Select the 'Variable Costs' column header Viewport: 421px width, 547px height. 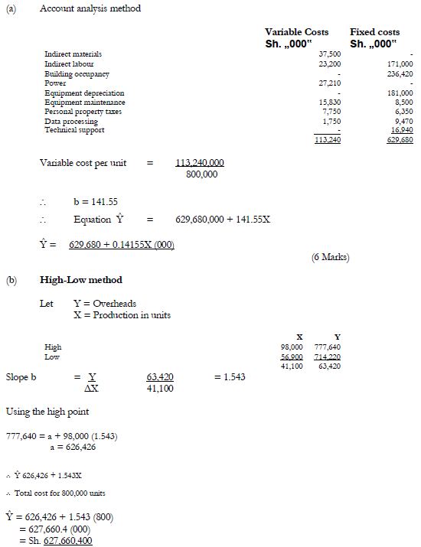point(296,32)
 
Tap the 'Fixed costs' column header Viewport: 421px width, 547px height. point(374,32)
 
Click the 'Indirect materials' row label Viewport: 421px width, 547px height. point(73,54)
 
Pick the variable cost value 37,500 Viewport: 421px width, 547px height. point(329,54)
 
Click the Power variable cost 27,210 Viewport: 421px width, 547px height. point(329,83)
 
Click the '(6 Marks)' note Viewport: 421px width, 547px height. point(330,257)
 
